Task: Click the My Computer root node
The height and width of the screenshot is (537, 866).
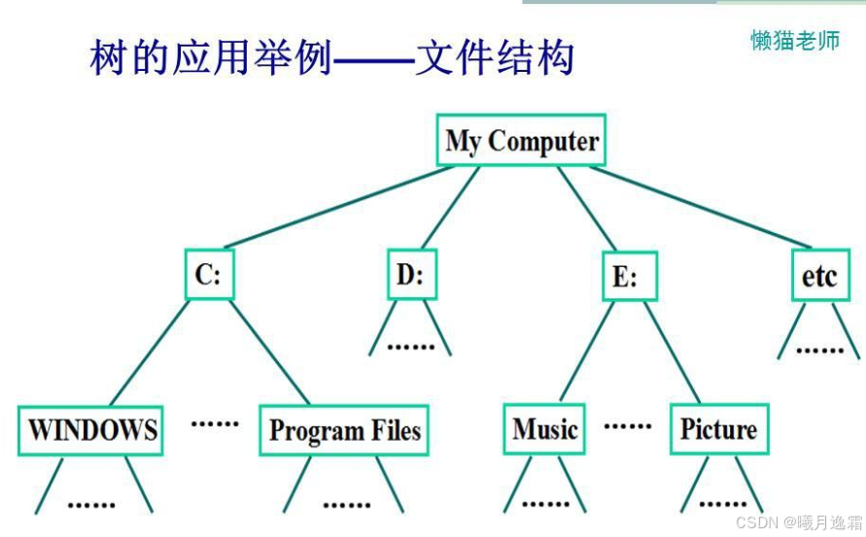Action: (522, 142)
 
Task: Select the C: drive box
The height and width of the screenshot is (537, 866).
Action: (208, 276)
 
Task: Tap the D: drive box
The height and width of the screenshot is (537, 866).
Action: (409, 275)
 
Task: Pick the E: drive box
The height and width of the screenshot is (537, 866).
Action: (625, 278)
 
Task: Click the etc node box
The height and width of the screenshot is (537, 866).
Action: (818, 276)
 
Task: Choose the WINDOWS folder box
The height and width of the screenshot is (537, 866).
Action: (92, 430)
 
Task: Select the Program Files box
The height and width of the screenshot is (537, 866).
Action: (344, 430)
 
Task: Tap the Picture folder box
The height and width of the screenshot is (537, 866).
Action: (718, 429)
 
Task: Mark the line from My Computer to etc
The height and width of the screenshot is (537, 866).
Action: (700, 207)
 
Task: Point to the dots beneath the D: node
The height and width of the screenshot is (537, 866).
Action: (410, 346)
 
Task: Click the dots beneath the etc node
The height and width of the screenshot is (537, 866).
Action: (819, 349)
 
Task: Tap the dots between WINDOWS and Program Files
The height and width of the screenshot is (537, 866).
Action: (214, 422)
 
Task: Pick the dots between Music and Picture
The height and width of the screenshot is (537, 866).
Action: (627, 425)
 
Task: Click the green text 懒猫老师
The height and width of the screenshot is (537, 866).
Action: (794, 40)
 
